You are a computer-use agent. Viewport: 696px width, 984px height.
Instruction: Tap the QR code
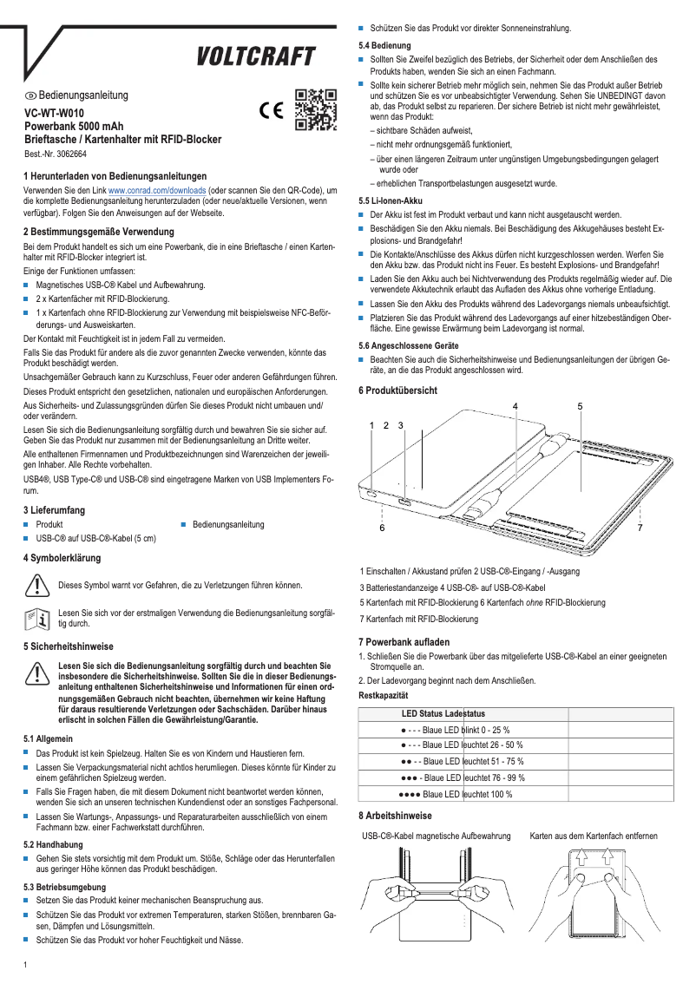point(316,110)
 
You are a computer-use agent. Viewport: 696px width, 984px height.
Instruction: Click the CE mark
point(272,111)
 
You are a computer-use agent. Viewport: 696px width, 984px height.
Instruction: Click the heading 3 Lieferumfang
point(60,510)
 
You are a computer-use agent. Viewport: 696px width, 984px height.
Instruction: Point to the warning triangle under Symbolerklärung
point(36,585)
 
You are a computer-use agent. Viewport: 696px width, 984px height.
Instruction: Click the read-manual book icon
point(36,618)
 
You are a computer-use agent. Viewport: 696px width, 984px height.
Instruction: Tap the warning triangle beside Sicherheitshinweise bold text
point(36,672)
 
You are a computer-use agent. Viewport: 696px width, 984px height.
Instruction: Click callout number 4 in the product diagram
point(516,406)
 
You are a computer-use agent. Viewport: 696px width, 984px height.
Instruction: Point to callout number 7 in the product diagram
point(640,527)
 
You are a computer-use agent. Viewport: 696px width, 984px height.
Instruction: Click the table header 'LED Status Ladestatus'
point(443,713)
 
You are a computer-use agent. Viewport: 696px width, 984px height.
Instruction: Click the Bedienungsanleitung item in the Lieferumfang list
point(227,525)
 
